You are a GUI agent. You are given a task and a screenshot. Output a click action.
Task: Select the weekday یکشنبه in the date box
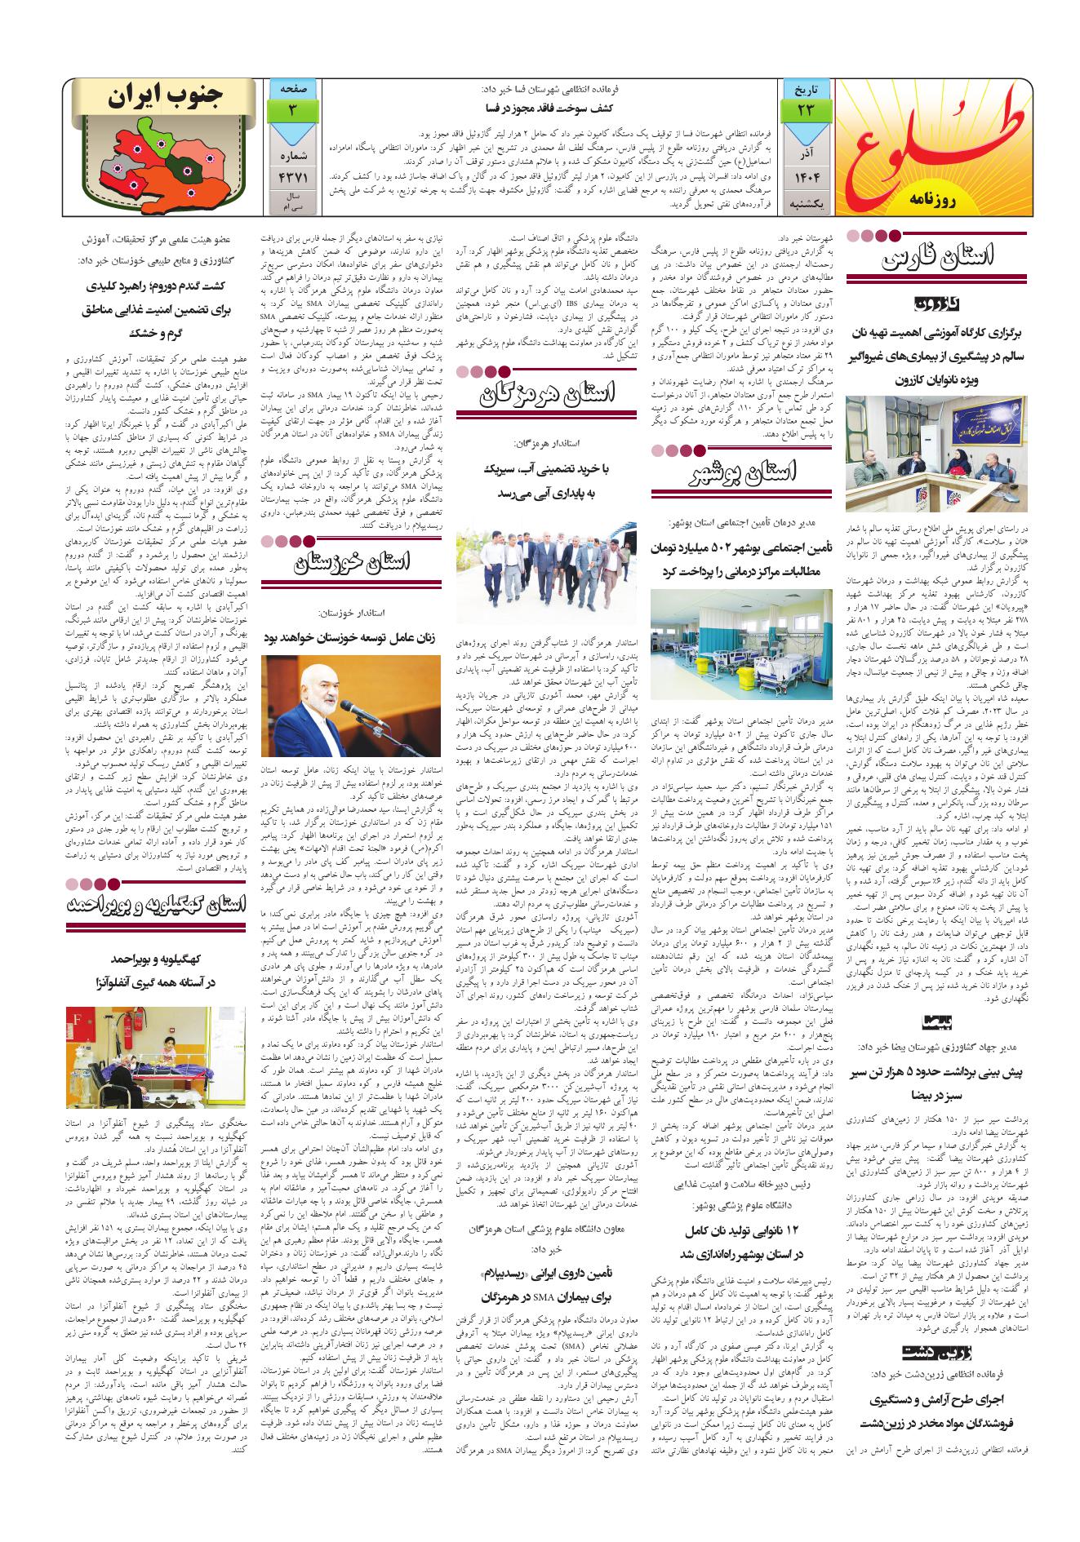click(807, 202)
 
